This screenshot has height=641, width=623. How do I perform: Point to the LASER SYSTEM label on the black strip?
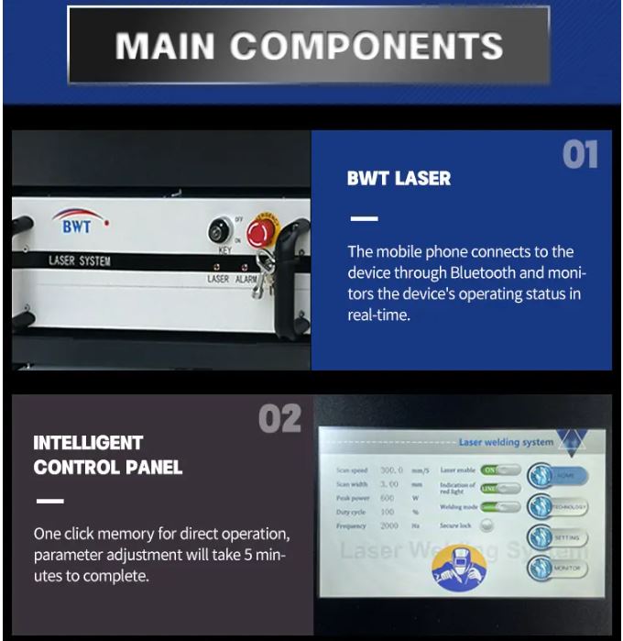80,261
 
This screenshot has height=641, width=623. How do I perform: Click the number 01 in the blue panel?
580,155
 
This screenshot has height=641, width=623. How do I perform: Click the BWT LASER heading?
399,179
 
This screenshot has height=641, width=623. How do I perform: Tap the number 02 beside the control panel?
279,419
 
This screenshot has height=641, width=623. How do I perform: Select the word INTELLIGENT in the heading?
88,443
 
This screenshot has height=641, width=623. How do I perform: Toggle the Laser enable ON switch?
500,470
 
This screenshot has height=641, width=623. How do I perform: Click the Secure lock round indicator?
486,525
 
